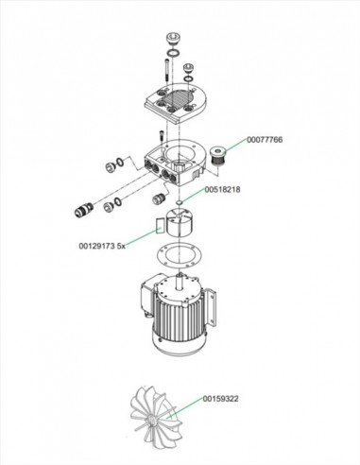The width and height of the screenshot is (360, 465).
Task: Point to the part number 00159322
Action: point(221,400)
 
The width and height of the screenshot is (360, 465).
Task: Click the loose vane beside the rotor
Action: point(150,227)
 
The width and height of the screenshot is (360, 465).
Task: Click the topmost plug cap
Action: point(173,37)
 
